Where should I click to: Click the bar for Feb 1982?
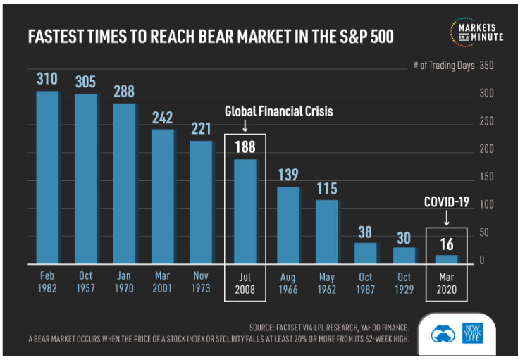(x=47, y=176)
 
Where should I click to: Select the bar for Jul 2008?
(x=245, y=210)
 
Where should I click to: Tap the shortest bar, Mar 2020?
(x=446, y=258)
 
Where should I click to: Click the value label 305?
(x=86, y=81)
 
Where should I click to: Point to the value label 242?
(x=162, y=117)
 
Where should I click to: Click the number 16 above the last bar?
(x=446, y=244)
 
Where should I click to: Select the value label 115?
(x=326, y=189)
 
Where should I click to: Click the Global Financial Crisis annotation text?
(x=278, y=111)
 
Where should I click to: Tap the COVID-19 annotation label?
(x=446, y=202)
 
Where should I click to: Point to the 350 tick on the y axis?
(x=486, y=66)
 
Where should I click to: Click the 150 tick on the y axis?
(x=486, y=178)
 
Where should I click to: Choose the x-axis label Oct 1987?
(x=365, y=283)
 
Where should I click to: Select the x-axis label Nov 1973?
(x=201, y=283)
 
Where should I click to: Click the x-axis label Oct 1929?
(x=404, y=283)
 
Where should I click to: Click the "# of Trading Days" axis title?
(x=442, y=66)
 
